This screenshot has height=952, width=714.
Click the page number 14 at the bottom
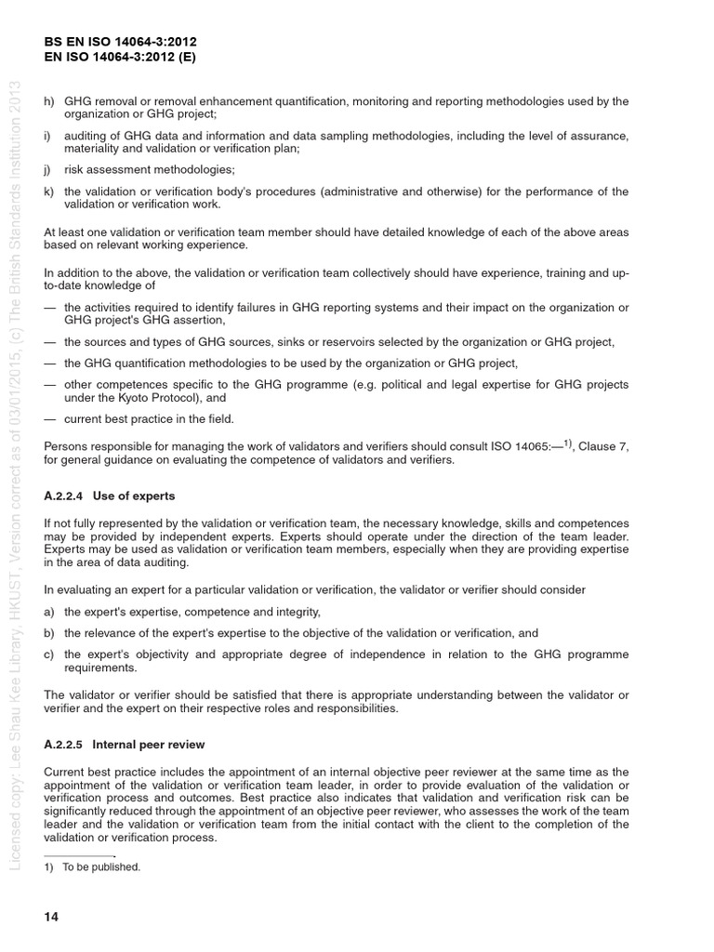tap(51, 917)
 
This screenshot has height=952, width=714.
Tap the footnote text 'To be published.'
tap(101, 866)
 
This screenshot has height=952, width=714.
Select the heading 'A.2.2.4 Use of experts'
tap(110, 496)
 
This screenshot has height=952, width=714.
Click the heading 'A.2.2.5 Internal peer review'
tap(125, 745)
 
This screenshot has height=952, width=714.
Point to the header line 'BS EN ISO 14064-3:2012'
tap(121, 42)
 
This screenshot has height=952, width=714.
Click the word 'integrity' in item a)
tap(296, 612)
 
